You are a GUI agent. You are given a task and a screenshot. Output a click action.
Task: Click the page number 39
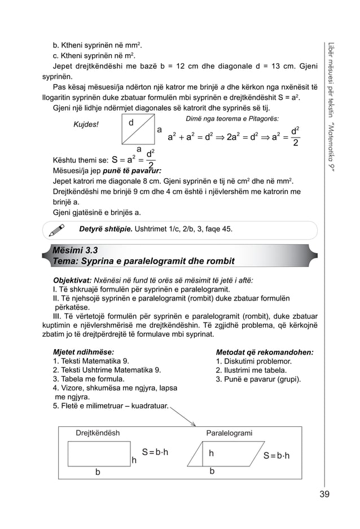tap(324, 495)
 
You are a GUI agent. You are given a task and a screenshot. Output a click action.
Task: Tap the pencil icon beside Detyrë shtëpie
tap(56, 230)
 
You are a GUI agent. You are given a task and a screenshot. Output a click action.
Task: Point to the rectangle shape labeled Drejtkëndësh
tap(99, 453)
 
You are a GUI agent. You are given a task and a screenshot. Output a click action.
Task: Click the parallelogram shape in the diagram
tap(219, 453)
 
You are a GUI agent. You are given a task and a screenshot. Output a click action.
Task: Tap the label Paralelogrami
tap(229, 433)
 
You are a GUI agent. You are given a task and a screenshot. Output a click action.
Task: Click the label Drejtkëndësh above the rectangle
tap(98, 433)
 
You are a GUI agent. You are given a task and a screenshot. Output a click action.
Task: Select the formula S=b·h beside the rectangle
tap(156, 452)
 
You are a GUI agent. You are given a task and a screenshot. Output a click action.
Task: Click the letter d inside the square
tap(131, 123)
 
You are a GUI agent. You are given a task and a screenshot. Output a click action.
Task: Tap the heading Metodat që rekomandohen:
tap(265, 351)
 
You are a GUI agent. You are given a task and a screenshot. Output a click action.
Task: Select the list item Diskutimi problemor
tap(253, 361)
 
